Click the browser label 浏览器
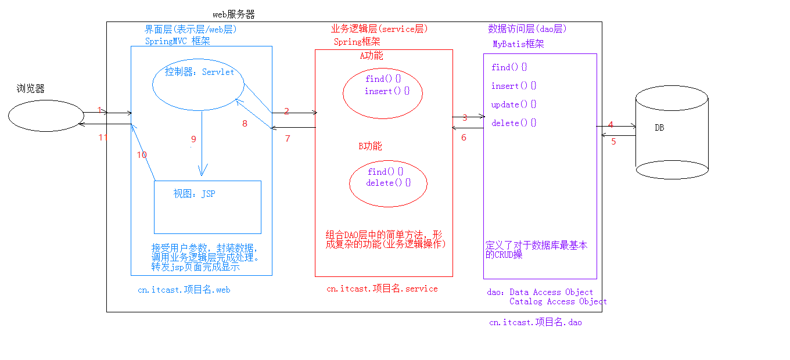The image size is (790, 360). click(31, 88)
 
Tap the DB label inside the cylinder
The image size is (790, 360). click(659, 128)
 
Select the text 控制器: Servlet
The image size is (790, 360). click(199, 72)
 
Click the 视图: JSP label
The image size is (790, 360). click(195, 193)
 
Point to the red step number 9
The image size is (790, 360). click(193, 139)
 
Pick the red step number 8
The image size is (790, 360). click(245, 124)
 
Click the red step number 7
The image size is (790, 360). click(288, 139)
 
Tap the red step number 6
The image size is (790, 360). click(464, 138)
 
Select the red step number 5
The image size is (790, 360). click(613, 142)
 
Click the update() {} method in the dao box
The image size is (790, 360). click(514, 105)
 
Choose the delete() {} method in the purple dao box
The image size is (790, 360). click(514, 123)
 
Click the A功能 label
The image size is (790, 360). click(371, 56)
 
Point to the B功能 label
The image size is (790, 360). click(371, 146)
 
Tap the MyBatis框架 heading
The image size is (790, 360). click(518, 44)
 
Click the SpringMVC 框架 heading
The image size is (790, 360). click(177, 41)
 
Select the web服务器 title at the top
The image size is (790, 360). click(234, 15)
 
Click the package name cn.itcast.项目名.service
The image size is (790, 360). click(382, 289)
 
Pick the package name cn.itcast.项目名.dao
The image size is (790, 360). click(536, 322)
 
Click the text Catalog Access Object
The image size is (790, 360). click(558, 301)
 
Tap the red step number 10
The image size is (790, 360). click(142, 155)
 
